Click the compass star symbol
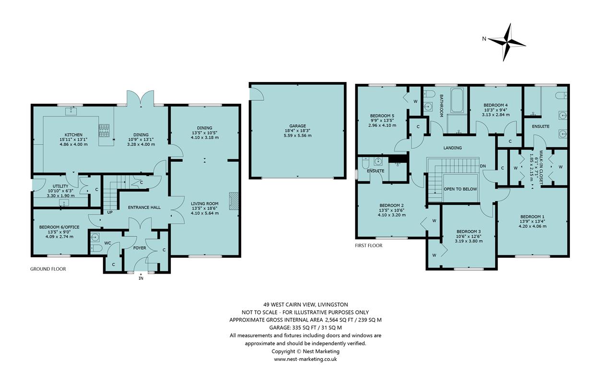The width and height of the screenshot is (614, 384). [x=507, y=43]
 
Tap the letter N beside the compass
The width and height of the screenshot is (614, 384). [x=484, y=39]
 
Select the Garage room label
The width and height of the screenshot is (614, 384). [x=297, y=126]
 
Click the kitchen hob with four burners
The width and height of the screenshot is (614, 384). [x=104, y=131]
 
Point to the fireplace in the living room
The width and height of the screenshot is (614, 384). [x=234, y=201]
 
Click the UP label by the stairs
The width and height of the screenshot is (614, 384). [x=110, y=212]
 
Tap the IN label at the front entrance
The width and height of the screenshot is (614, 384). [x=141, y=278]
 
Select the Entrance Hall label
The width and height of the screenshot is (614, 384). [x=144, y=207]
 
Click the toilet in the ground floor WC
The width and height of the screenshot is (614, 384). [x=96, y=248]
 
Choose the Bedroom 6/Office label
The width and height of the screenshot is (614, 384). [x=59, y=227]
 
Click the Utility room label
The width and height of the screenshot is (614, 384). [x=60, y=186]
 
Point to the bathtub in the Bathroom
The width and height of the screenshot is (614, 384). [x=457, y=100]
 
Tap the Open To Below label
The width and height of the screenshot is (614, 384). [x=460, y=189]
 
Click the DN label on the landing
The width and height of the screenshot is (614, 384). [x=483, y=166]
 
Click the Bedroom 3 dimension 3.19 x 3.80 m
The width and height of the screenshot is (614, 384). [x=469, y=241]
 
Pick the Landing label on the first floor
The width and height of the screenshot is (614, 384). [x=452, y=148]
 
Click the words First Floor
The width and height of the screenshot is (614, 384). [x=369, y=245]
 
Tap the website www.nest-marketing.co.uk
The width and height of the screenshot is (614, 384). [x=306, y=359]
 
